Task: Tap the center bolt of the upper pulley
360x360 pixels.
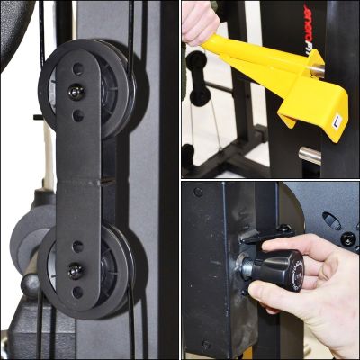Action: [x=74, y=90]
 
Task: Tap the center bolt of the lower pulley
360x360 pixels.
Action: [x=75, y=271]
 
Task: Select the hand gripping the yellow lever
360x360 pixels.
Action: [x=200, y=22]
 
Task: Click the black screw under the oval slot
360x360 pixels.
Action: [x=346, y=238]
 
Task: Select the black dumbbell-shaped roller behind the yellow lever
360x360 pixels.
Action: [x=198, y=76]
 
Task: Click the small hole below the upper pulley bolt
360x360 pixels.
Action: [x=78, y=115]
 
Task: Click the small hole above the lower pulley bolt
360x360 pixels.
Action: [x=78, y=246]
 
